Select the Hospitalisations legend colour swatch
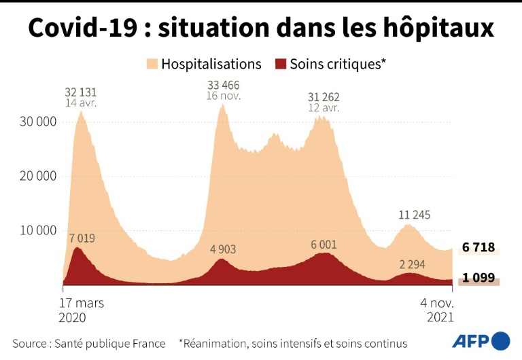click(x=151, y=64)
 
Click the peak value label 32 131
click(x=80, y=92)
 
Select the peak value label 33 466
click(x=223, y=85)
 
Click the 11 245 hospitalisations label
click(x=415, y=215)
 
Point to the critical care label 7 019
click(x=82, y=238)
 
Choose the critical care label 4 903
click(x=223, y=249)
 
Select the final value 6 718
click(x=478, y=248)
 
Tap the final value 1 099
click(x=478, y=278)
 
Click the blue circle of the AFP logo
click(x=500, y=340)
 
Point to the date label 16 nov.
click(x=223, y=97)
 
